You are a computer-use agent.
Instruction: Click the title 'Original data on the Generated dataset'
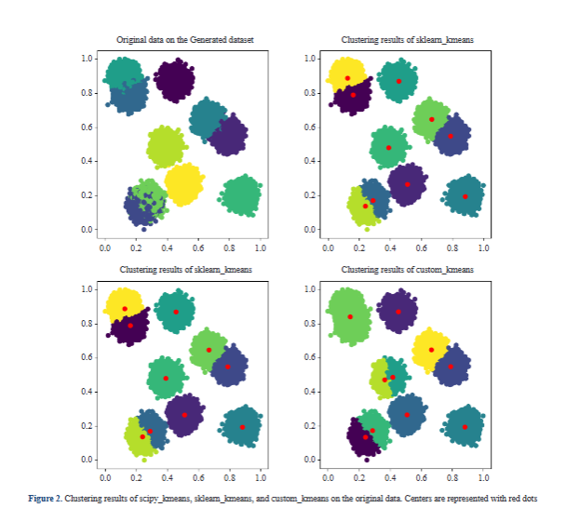coord(184,39)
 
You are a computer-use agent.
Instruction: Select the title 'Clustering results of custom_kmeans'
coord(407,270)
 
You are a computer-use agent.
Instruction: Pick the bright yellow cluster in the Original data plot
coord(184,182)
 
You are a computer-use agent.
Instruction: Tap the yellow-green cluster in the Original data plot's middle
coord(166,146)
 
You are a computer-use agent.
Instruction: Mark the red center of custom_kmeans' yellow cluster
coord(431,350)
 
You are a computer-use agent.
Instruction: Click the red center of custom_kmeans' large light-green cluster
coord(350,316)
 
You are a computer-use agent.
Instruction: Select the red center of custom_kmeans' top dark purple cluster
coord(398,311)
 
